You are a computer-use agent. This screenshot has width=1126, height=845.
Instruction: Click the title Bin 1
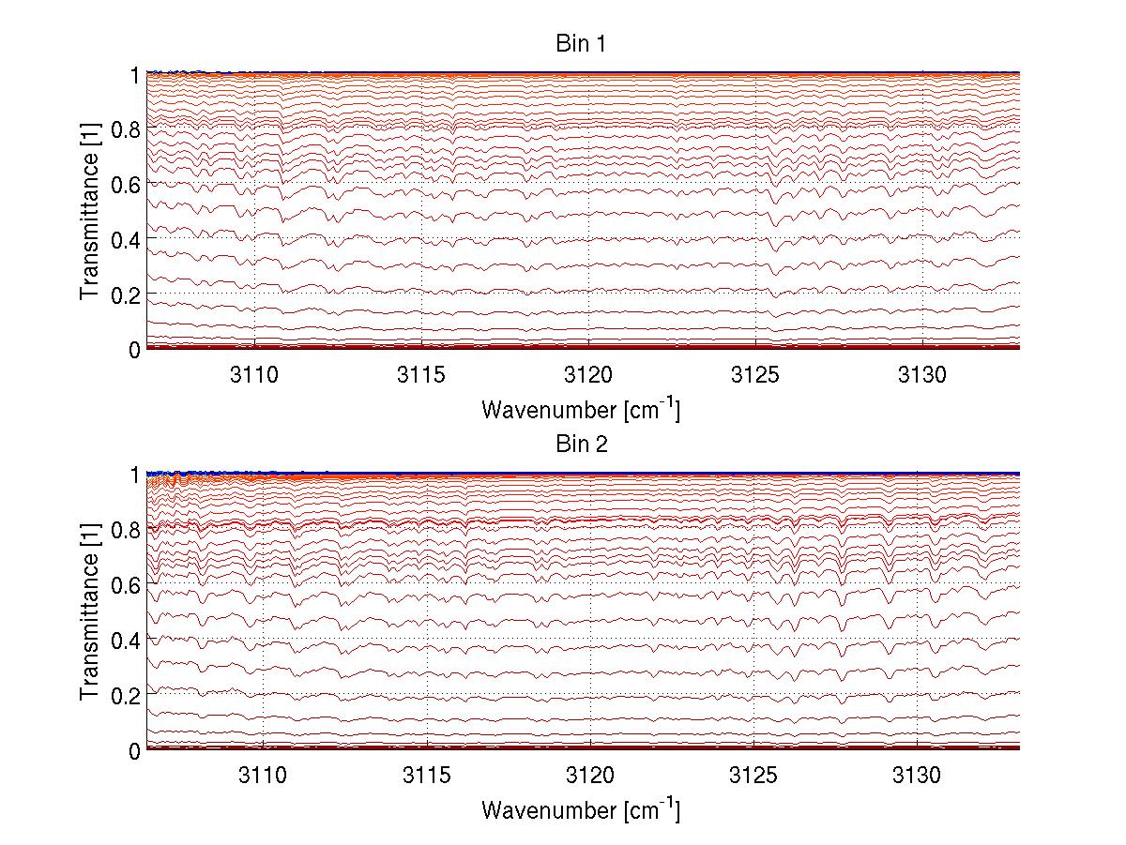point(582,43)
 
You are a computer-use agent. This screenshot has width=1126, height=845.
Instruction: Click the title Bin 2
point(582,445)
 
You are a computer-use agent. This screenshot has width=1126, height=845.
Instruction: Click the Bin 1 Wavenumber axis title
point(581,409)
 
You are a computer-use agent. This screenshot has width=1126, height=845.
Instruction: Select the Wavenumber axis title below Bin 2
point(581,809)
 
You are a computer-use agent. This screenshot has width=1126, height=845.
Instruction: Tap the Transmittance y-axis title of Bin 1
point(90,211)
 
